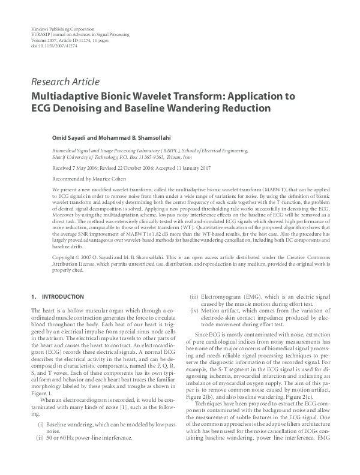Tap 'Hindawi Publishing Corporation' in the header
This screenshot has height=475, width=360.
(62, 29)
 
